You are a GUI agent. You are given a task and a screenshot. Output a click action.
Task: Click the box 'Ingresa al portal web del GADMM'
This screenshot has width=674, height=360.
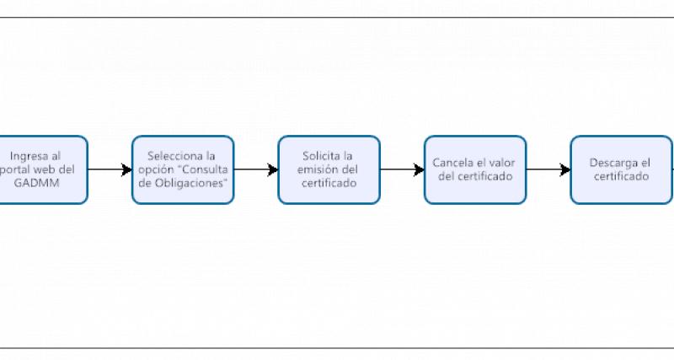click(42, 169)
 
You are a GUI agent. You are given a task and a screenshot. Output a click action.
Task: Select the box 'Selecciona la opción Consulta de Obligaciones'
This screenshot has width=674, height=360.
click(183, 169)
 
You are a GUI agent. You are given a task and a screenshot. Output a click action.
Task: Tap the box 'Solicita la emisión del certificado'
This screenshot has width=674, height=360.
click(329, 169)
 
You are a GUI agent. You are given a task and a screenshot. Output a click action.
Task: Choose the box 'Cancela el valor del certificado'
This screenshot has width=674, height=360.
click(475, 169)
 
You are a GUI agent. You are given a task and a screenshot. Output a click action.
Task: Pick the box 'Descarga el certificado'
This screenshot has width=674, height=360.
click(621, 169)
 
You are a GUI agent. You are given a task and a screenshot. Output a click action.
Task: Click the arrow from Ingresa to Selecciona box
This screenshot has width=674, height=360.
click(110, 169)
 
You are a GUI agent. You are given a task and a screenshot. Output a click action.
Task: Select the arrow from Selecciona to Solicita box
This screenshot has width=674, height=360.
click(256, 169)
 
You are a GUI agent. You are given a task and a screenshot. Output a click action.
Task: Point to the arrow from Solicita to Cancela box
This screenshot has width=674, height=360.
click(402, 169)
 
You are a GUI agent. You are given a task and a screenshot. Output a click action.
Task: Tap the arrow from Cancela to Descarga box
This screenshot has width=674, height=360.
click(548, 169)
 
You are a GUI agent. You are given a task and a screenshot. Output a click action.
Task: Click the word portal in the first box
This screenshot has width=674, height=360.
click(19, 169)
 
